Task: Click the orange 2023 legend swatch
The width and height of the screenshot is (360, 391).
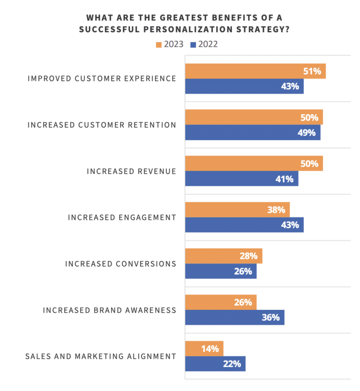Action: (158, 45)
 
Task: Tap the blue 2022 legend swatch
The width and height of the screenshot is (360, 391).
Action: (193, 45)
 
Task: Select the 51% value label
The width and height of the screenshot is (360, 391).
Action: (312, 71)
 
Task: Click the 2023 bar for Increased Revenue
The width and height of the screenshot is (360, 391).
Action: (254, 164)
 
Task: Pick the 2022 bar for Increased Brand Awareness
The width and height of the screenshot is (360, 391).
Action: (234, 317)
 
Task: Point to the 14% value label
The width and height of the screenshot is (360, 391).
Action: (210, 349)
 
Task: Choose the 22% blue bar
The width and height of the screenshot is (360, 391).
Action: (215, 364)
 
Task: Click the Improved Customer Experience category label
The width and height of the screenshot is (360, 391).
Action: (102, 79)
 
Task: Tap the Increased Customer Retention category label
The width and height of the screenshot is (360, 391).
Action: (102, 125)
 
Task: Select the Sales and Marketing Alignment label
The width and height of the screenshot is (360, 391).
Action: (100, 356)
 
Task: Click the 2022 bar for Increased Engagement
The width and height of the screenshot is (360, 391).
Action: (244, 225)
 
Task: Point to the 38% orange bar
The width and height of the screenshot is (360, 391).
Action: (237, 210)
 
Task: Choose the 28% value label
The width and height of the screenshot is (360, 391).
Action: (248, 256)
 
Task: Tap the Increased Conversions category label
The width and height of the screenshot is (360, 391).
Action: (120, 264)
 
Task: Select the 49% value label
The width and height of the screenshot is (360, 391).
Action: (307, 133)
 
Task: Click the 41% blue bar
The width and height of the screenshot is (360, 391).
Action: (241, 179)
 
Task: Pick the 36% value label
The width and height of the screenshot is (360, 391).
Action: (270, 317)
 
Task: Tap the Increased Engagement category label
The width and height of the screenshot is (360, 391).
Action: (122, 218)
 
